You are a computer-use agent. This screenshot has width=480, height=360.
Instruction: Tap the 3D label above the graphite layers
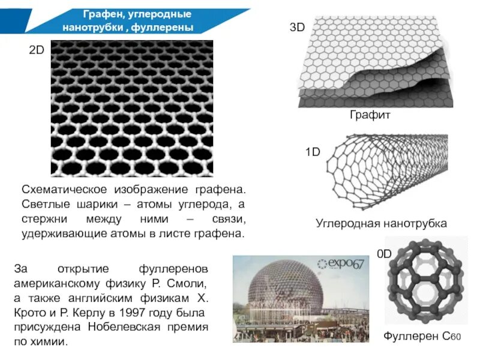point(298,27)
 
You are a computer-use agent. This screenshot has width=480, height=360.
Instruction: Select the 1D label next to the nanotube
point(313,152)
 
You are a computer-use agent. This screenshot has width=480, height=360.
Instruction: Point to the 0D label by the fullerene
point(384,254)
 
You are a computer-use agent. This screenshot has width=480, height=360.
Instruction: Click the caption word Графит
point(370,114)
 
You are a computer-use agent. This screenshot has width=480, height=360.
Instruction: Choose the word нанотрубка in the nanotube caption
point(417,224)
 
